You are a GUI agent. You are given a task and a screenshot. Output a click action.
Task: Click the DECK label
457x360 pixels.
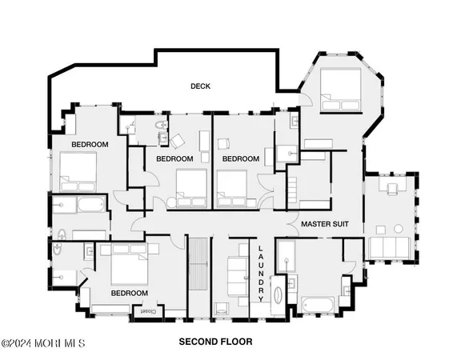200,86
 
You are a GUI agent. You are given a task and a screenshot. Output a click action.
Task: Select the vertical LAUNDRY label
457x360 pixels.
260,272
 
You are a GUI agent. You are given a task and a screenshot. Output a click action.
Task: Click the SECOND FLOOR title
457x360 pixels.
215,342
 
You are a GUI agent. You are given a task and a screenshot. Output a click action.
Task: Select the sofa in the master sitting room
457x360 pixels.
390,246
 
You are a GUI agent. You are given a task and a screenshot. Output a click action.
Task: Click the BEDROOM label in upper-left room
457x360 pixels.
90,144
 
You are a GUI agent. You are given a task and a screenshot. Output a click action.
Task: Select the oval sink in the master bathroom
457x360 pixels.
279,293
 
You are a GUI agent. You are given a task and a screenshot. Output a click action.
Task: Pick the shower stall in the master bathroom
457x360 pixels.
285,256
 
